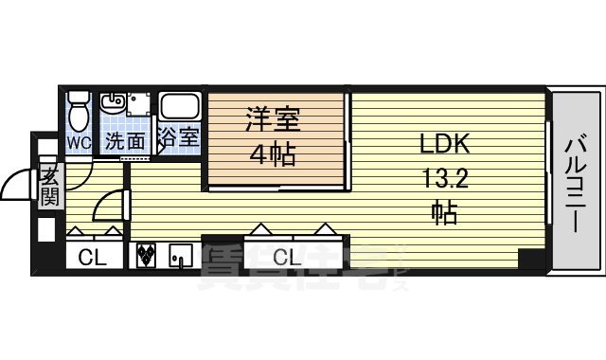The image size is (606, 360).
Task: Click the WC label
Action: coord(78,142)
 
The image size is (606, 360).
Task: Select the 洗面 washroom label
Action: coord(124,142)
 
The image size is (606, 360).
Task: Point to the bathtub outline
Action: coord(178,107)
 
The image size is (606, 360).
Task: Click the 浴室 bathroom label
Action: coord(178,138)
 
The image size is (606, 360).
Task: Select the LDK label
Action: coord(444,145)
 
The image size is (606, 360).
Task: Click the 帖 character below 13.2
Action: coord(444,212)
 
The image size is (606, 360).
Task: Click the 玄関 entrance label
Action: coord(48,187)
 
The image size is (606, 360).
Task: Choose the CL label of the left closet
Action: coord(93,256)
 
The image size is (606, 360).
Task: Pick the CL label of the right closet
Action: coord(287,256)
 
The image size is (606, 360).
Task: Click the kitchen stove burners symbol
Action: coord(147,255)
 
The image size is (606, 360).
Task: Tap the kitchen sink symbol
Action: coord(181,255)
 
